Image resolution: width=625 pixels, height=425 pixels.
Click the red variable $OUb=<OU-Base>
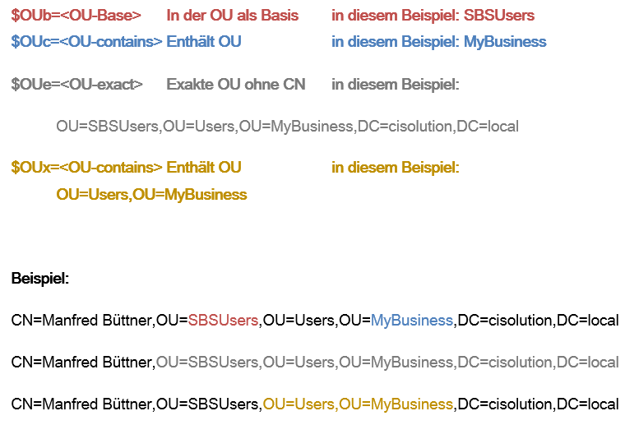76,16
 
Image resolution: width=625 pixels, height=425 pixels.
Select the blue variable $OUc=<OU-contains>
86,42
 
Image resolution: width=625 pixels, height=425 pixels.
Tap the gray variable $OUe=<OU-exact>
76,85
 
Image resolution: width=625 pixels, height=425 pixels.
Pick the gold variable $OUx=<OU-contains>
86,168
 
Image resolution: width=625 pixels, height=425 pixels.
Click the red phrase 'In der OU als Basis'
232,16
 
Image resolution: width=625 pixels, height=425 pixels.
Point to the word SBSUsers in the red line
498,16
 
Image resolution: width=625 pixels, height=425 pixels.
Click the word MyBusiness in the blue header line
505,42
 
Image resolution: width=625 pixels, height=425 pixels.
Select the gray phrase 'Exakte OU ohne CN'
235,85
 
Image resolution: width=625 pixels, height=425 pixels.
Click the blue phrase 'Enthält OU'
203,42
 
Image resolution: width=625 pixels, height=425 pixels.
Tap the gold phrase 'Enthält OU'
203,168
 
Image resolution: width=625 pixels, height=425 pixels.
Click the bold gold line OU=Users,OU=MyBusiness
151,195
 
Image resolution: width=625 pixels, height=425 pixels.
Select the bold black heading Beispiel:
40,279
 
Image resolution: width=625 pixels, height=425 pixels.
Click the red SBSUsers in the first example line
224,321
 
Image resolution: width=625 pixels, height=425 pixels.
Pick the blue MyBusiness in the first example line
412,321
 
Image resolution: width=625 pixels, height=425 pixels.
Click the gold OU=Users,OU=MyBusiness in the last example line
358,404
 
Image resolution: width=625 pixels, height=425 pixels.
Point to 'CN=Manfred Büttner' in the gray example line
82,363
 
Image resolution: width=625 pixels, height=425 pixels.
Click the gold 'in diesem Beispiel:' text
396,168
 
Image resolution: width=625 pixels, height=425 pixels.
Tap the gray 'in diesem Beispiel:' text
396,85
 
